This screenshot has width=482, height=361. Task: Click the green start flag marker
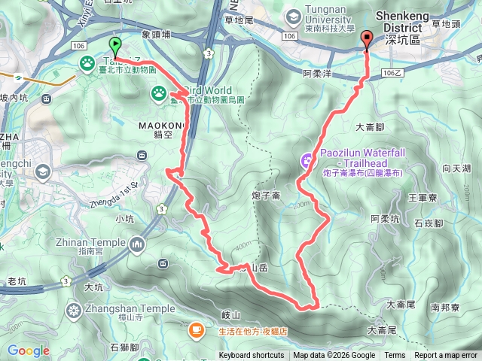tap(115, 45)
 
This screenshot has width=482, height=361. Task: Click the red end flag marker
tap(367, 40)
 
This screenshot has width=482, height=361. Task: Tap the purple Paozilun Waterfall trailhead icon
tap(307, 159)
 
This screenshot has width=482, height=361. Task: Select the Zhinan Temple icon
tap(137, 243)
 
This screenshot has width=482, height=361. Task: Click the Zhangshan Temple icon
tap(75, 309)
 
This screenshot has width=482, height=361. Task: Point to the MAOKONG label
tap(159, 125)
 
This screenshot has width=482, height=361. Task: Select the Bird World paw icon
tap(160, 93)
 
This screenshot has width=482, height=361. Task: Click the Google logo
tap(28, 350)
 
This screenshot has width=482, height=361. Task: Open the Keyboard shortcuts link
tap(252, 356)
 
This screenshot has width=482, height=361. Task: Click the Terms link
tap(395, 356)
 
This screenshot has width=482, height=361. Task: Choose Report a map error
tap(446, 356)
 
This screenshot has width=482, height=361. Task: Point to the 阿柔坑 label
tap(385, 219)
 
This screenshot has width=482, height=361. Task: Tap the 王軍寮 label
tap(422, 197)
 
